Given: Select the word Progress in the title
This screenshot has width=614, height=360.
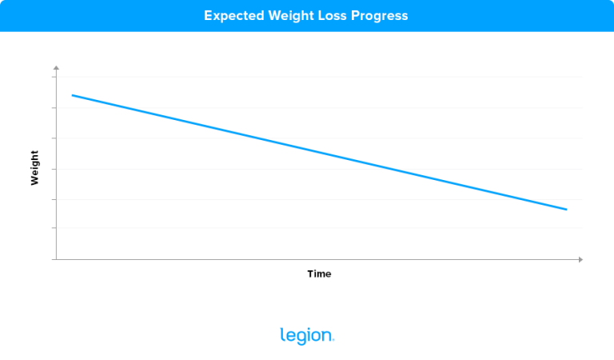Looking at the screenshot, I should tap(380, 15).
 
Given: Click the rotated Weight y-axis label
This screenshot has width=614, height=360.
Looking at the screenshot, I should tap(34, 168).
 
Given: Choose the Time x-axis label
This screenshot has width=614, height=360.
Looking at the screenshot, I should tap(319, 274).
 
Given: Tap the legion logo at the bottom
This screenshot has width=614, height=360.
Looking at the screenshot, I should tap(307, 336).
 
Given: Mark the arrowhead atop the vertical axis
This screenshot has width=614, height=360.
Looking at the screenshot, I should tap(55, 69).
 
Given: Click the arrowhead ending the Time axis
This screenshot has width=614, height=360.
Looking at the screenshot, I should tap(580, 259).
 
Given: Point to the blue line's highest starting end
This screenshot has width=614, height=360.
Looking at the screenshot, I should tap(73, 95).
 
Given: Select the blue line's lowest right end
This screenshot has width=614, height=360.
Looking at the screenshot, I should tap(566, 210).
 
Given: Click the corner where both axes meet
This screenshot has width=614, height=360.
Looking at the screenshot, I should tap(55, 259).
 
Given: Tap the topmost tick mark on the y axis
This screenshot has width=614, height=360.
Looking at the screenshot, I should tap(54, 78).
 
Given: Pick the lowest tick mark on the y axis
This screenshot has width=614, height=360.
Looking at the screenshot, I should tap(54, 229).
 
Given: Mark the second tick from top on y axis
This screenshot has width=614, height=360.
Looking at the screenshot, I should tap(54, 108).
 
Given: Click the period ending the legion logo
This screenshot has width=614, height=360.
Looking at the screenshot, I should tap(333, 341).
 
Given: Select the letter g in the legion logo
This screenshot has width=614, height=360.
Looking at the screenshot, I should tap(297, 338).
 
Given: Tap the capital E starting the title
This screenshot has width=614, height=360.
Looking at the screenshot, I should tap(208, 15).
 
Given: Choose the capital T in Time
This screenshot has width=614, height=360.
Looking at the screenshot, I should tap(311, 274).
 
